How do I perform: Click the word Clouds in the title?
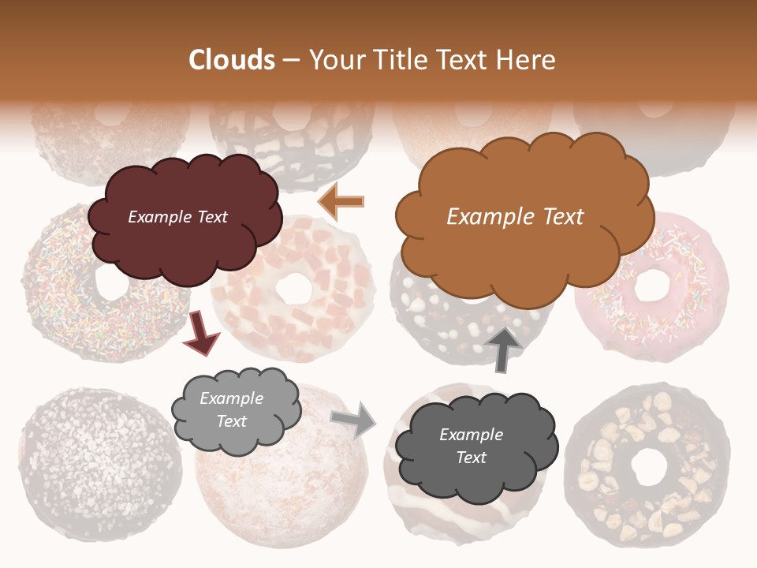point(232,60)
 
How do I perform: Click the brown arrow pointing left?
point(341,201)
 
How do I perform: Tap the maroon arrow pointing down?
point(200,332)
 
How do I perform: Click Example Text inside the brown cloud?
point(515,217)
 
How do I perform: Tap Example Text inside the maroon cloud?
point(177,217)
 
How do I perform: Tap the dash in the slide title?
point(292,61)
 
